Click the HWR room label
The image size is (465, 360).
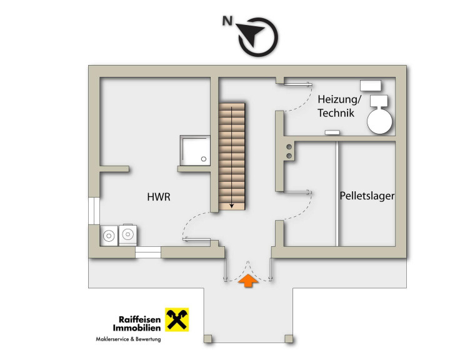click(159, 197)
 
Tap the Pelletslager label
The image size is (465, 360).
click(367, 195)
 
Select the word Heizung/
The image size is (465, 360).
click(339, 99)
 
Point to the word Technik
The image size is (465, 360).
click(336, 113)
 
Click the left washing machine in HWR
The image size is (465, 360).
click(109, 235)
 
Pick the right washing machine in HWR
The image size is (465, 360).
click(127, 234)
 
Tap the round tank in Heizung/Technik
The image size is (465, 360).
click(379, 121)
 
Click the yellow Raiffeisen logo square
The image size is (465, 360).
click(177, 320)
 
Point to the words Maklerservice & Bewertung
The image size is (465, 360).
click(128, 339)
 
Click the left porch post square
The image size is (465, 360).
click(208, 339)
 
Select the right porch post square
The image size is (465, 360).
click(288, 339)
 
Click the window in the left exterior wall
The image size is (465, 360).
click(94, 210)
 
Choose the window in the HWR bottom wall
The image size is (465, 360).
click(147, 252)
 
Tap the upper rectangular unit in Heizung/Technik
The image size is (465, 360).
click(371, 86)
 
